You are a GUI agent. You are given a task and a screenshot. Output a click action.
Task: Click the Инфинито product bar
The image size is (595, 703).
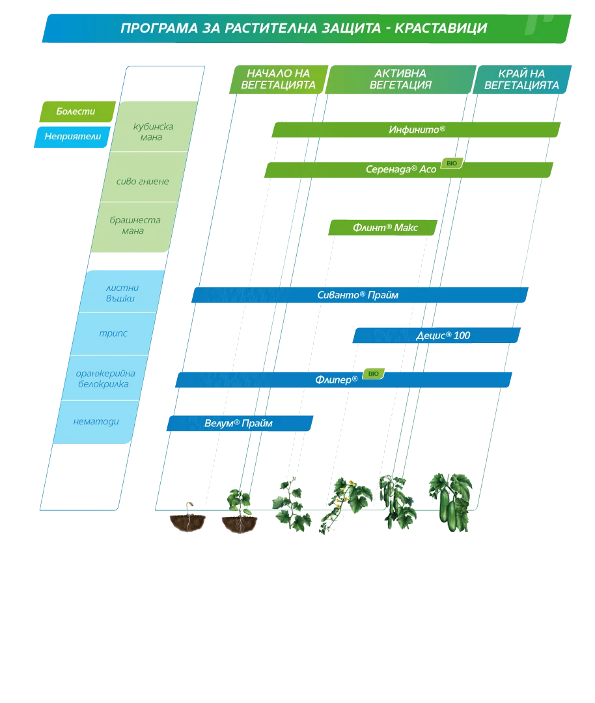coord(416,130)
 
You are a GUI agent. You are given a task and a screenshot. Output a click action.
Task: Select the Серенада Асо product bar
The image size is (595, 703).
coord(408,170)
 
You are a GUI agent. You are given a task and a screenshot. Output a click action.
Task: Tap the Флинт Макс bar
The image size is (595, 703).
coord(383,228)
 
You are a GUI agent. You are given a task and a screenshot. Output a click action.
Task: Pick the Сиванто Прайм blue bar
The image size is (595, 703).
coord(360,295)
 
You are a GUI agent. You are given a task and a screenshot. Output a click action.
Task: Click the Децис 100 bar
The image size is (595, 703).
coord(437,335)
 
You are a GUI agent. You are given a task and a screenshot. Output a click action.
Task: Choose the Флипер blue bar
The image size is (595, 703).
coord(344,379)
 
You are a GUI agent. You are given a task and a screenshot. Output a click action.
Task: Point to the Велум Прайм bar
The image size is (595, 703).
coord(240,423)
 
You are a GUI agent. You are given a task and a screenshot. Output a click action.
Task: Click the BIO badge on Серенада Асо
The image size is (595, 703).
coord(452,163)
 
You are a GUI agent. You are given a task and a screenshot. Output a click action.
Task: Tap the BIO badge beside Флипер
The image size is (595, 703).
coord(374,374)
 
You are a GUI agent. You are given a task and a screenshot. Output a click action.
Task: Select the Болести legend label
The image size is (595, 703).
coord(77,112)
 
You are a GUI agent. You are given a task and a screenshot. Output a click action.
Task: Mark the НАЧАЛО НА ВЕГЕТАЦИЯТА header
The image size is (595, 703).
coord(279,79)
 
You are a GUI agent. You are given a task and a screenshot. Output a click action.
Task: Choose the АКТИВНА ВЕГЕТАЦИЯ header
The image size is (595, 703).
coord(400,79)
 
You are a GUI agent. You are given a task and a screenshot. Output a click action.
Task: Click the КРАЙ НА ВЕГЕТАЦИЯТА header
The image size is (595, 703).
coord(521,79)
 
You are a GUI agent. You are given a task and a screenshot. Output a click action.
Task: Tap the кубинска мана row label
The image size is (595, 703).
coord(153,131)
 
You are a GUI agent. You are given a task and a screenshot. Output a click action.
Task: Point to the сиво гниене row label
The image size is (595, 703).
coord(143,182)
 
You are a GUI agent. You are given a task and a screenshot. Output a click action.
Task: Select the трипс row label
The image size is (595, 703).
coord(113,333)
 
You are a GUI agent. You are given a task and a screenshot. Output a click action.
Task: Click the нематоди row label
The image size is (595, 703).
coord(96,421)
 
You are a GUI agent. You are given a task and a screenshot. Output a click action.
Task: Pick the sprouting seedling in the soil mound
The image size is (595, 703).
coord(188,517)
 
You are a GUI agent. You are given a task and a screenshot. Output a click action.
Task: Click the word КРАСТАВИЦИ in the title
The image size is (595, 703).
coord(441,28)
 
